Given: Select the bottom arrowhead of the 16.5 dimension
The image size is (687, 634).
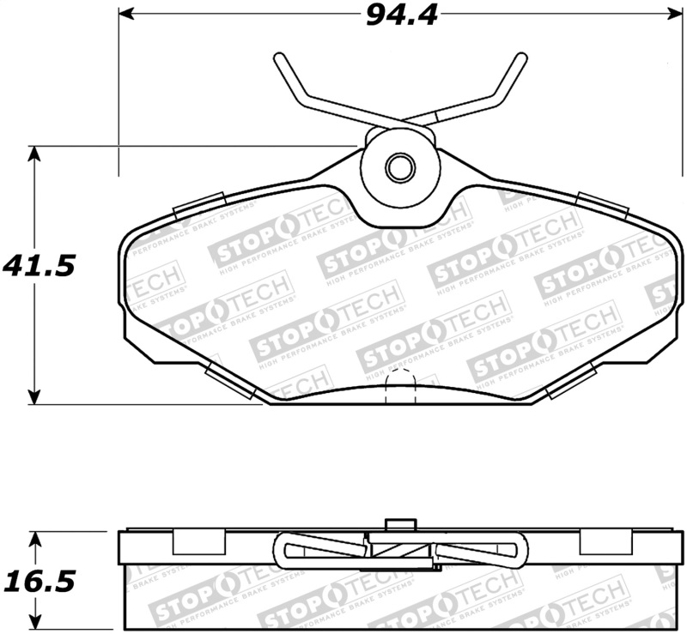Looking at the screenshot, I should click(x=34, y=625).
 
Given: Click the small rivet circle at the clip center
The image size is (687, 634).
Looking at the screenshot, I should click(x=399, y=167).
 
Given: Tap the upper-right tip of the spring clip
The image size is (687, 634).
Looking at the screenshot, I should click(x=520, y=57).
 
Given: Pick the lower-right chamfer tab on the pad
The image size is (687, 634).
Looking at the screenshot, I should click(x=570, y=381).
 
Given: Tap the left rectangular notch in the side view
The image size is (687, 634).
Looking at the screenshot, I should click(x=200, y=542).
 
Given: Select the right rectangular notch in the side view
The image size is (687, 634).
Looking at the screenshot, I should click(x=605, y=542).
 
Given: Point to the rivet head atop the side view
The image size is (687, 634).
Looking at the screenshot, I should click(x=398, y=524).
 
